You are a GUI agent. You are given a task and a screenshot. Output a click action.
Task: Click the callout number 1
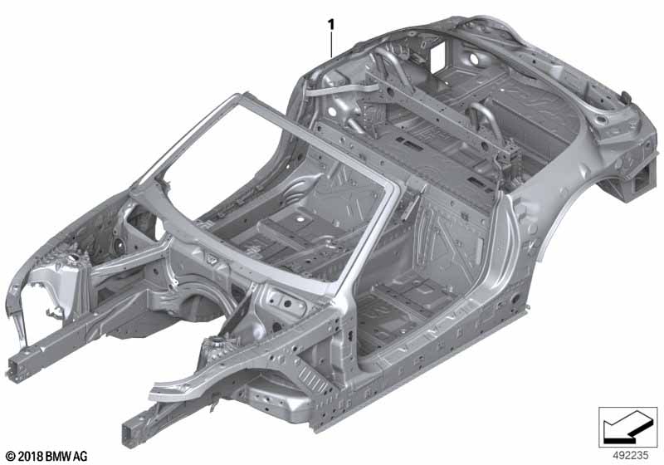coord(332,25)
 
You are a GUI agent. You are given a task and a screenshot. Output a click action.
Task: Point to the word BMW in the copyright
coord(55,456)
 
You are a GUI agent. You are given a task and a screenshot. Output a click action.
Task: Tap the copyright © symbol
coord(8,456)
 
